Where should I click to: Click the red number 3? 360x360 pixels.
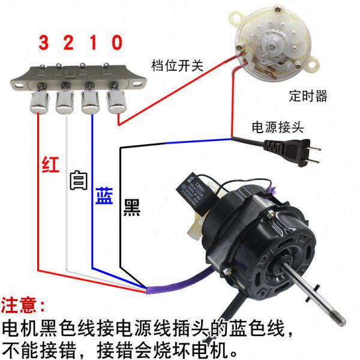[44, 43]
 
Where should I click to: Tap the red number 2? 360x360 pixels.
[68, 43]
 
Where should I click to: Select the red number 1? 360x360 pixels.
[92, 43]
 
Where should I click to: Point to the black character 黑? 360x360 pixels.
[131, 208]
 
